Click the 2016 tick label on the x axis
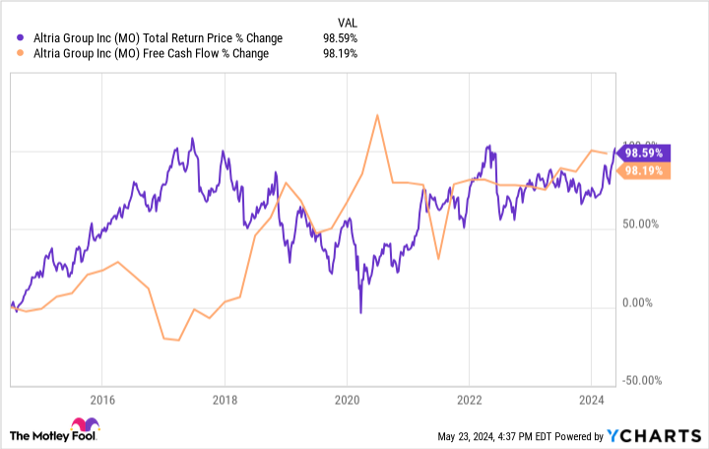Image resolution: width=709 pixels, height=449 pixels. click(x=102, y=400)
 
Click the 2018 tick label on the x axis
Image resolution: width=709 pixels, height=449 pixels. click(x=225, y=400)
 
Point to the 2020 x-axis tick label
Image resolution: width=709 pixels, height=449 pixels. click(x=347, y=400)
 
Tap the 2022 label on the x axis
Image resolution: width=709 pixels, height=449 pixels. click(x=469, y=400)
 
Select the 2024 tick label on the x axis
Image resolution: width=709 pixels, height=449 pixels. click(x=590, y=400)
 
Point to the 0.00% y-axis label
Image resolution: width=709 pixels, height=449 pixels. click(x=647, y=303)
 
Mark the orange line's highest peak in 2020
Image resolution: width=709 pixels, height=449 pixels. click(x=377, y=115)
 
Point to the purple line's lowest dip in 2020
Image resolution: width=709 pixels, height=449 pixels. click(x=360, y=313)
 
